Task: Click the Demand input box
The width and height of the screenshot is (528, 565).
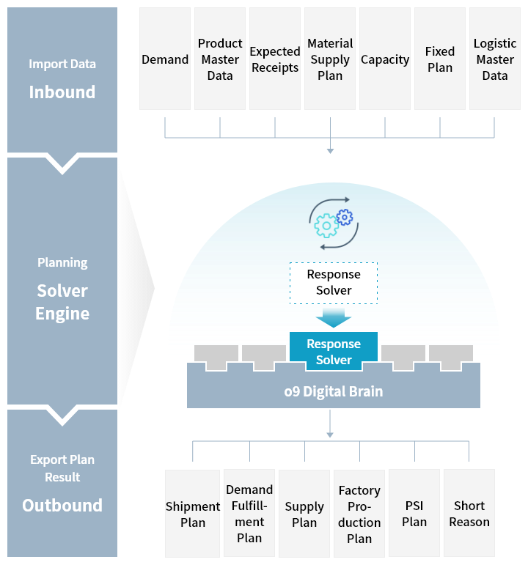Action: (165, 59)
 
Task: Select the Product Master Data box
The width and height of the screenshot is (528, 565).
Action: (220, 59)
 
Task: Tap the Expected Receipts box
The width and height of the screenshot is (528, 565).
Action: (275, 59)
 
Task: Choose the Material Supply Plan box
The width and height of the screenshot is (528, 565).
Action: (330, 59)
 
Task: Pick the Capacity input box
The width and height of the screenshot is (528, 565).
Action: (385, 59)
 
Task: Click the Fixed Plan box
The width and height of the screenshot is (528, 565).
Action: (440, 59)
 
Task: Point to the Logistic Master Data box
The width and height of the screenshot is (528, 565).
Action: (495, 59)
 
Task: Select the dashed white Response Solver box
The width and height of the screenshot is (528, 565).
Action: (334, 283)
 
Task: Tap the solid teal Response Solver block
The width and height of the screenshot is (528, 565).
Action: (334, 351)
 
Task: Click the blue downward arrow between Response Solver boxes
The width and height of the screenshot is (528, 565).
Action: (334, 317)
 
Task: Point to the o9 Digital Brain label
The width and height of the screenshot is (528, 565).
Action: (334, 391)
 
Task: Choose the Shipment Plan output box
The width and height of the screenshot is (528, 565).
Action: (193, 514)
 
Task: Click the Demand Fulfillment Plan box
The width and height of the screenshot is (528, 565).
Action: (249, 514)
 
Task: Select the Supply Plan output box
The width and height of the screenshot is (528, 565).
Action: (304, 514)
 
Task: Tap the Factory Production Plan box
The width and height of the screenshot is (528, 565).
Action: (359, 514)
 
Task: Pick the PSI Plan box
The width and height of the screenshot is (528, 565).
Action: (414, 514)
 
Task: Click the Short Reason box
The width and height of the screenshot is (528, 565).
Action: (469, 514)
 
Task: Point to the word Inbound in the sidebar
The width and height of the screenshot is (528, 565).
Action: (62, 92)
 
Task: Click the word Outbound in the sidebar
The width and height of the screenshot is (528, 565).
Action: (62, 505)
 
